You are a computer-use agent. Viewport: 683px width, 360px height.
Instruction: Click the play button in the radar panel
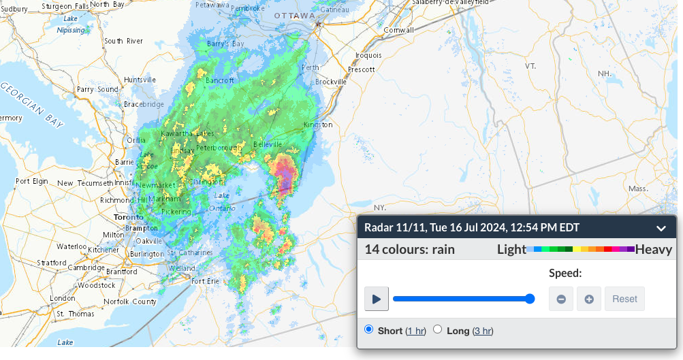[377, 299]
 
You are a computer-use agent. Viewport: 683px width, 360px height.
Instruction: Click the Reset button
[624, 299]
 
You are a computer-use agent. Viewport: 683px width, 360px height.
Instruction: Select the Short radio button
[369, 329]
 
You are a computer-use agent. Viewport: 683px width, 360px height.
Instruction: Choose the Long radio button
[438, 329]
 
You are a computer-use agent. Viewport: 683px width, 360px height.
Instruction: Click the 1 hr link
[415, 331]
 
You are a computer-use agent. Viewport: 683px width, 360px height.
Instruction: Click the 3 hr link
[483, 331]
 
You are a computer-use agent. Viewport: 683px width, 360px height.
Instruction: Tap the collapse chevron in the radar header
[661, 228]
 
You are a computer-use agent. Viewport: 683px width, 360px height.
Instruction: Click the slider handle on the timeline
[530, 299]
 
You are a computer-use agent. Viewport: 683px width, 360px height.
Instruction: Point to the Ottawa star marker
[317, 24]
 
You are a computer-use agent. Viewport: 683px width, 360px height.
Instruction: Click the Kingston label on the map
[317, 125]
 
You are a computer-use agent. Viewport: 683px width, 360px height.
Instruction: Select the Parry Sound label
[97, 89]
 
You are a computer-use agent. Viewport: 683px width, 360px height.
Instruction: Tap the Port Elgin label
[32, 182]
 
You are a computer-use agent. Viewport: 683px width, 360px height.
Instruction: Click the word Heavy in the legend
[654, 249]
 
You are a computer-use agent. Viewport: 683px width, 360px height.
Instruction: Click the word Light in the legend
[511, 249]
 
